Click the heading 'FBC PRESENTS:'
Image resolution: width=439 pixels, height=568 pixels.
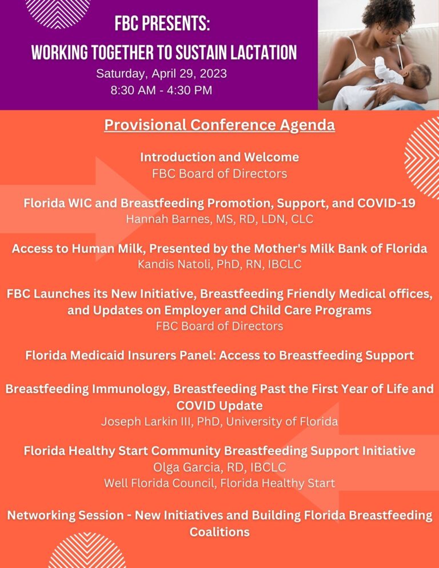[162, 25]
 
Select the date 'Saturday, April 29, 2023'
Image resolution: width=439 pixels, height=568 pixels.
[161, 74]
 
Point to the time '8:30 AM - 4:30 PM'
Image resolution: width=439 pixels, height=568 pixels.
[161, 90]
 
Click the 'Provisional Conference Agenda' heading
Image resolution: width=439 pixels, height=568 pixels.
[219, 125]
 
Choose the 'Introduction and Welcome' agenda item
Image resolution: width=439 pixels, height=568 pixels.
[219, 157]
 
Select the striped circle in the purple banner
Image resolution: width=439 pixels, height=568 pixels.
[58, 10]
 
